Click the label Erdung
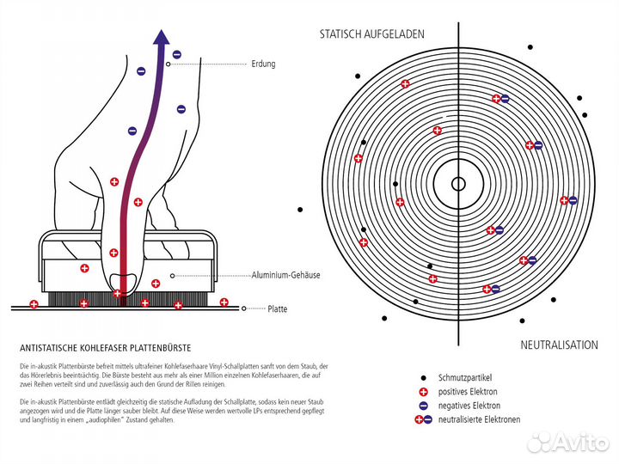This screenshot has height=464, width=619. [263, 64]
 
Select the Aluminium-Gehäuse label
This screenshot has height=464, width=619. [285, 275]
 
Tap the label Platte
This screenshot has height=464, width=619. [277, 308]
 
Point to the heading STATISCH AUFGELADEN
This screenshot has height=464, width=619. [371, 35]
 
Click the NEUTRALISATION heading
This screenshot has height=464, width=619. [559, 345]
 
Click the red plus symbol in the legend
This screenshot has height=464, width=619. [424, 392]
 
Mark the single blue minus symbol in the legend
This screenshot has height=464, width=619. [424, 406]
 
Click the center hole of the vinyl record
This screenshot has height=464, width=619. [458, 183]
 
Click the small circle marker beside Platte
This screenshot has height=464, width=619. [245, 308]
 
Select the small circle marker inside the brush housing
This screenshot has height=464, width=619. [172, 275]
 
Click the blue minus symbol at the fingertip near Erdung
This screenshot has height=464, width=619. [176, 55]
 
